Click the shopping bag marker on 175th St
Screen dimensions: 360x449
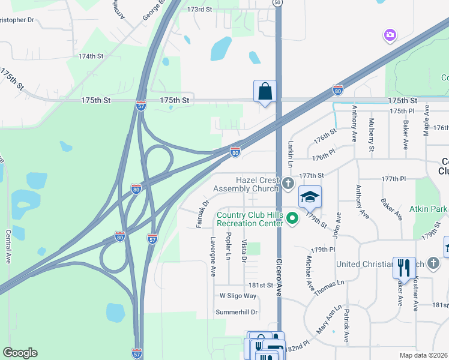click(x=265, y=92)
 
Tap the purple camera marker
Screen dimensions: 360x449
click(x=390, y=35)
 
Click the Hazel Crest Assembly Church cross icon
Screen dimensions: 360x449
click(x=288, y=183)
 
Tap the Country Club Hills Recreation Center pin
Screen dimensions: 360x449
click(x=292, y=218)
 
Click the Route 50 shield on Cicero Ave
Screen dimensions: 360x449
click(x=277, y=2)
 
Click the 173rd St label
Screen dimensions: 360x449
click(x=200, y=10)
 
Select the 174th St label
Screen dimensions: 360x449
click(x=91, y=56)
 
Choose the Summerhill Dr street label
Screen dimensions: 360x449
click(x=237, y=312)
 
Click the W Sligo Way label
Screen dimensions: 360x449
click(x=238, y=296)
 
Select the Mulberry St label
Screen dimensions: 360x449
click(x=371, y=135)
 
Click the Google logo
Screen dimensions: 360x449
click(x=20, y=353)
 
